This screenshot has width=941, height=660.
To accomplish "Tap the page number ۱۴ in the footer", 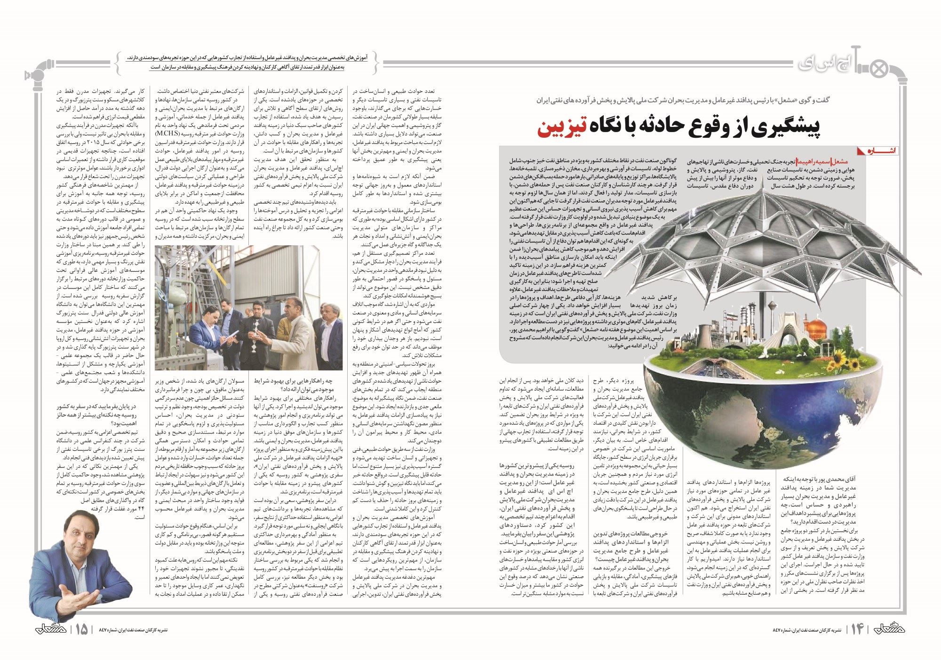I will coord(856,629).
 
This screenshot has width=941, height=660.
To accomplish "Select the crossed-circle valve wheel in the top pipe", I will coord(877,70).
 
